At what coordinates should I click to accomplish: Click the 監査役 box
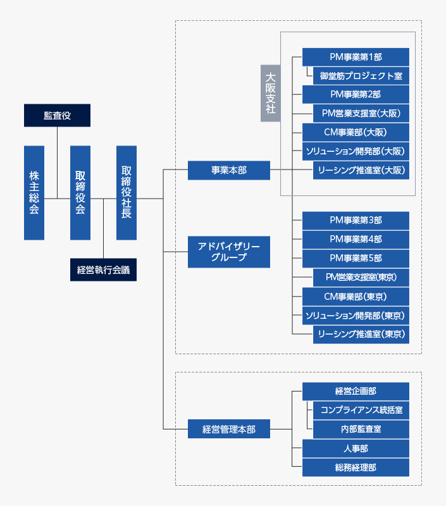point(57,115)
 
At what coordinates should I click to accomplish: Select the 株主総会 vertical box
point(34,192)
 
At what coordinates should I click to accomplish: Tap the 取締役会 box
point(80,192)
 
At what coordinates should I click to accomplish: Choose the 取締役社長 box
point(127,192)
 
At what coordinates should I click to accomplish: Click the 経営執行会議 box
point(103,269)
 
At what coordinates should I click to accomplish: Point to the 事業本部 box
point(229,170)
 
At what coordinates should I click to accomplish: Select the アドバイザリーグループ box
point(229,252)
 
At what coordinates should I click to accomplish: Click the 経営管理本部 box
point(229,429)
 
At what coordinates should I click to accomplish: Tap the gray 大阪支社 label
point(270,93)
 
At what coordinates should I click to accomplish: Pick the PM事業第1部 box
point(356,57)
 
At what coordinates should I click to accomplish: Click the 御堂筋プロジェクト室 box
point(361,76)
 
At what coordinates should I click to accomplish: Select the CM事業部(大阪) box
point(356,132)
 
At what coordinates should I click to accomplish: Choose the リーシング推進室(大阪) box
point(361,170)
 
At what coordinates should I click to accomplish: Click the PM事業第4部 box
point(356,239)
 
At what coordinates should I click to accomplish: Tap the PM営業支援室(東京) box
point(361,277)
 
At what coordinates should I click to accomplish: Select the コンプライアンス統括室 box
point(361,410)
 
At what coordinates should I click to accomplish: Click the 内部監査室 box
point(361,429)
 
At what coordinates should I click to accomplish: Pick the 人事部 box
point(356,448)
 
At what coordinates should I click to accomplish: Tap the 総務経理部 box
point(356,467)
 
